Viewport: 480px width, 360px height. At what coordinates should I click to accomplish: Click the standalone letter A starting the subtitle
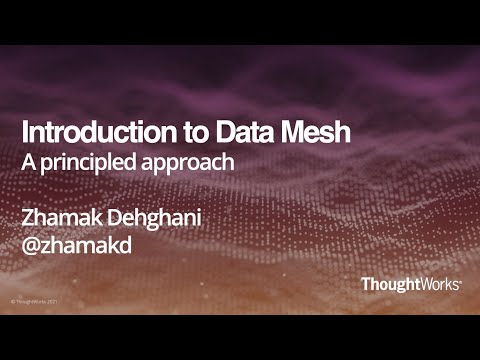coord(29,158)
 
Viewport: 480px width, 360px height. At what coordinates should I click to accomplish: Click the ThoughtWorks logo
coord(411,284)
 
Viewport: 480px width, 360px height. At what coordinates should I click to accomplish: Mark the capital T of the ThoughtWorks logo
coord(366,284)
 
